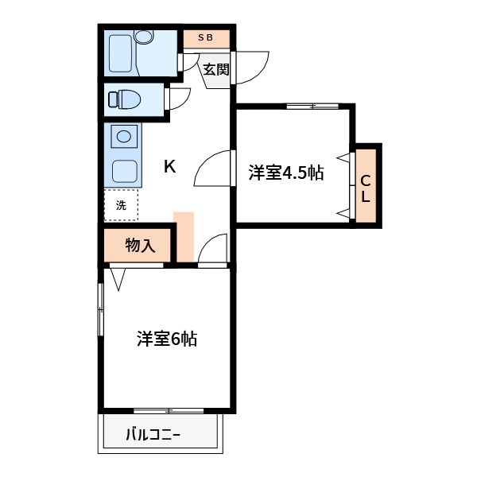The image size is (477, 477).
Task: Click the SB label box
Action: coord(206,37)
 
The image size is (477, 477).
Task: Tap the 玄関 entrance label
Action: coord(215,69)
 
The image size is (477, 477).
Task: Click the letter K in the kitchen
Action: coord(169,166)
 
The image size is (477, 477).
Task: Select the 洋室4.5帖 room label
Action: coord(285,173)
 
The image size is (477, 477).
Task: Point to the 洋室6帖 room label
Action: coord(166,339)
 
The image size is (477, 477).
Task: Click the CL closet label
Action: coord(366,187)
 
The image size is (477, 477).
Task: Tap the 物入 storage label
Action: coord(139,246)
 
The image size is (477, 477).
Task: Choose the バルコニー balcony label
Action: coord(153,435)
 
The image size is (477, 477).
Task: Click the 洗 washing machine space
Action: coord(121,205)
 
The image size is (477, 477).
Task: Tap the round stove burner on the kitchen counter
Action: coord(124,136)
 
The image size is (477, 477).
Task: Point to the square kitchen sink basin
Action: coord(123,170)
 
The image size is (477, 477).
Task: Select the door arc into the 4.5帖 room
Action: coord(212,168)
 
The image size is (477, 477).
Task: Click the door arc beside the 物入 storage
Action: coord(212,249)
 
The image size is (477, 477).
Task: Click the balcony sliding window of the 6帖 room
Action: coord(169,411)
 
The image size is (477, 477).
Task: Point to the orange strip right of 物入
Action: coord(184,236)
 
